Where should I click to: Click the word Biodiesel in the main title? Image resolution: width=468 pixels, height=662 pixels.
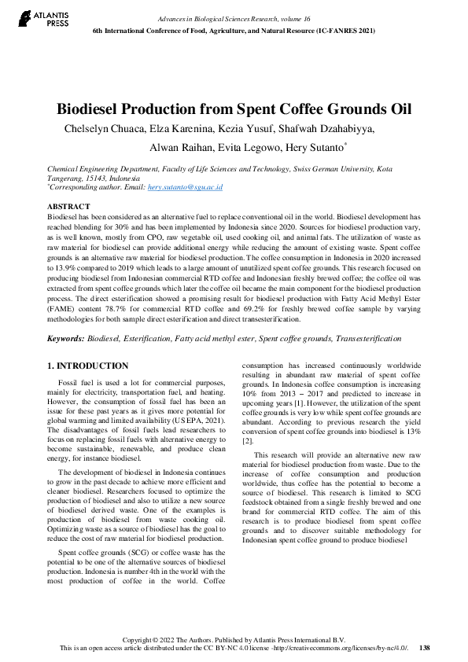[x=94, y=109]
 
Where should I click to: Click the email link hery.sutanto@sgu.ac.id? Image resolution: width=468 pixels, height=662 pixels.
[x=186, y=187]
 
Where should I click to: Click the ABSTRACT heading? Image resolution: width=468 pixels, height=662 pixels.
[x=68, y=206]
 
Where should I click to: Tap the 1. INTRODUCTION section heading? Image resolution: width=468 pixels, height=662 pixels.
[x=87, y=366]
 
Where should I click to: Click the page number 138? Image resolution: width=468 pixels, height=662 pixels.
[x=425, y=647]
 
